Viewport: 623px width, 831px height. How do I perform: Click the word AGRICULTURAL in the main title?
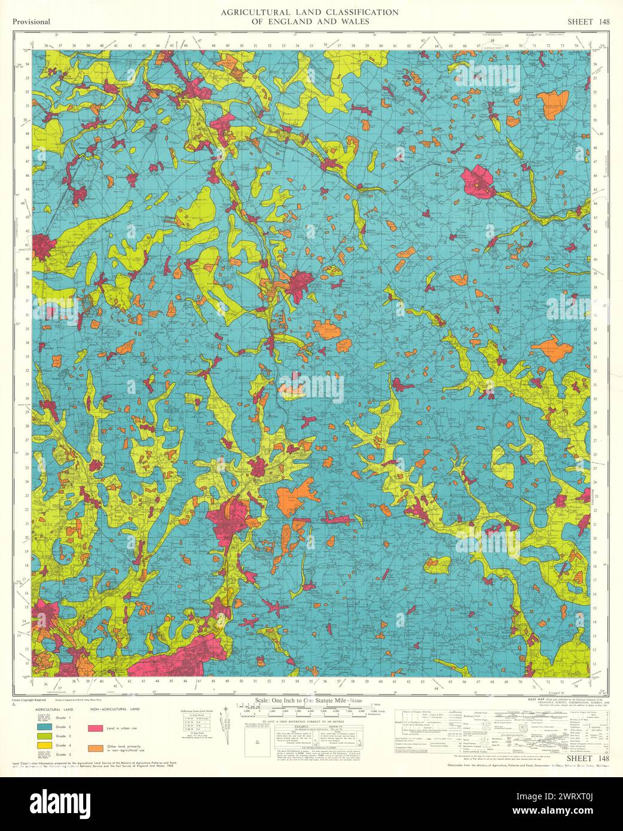coord(249,12)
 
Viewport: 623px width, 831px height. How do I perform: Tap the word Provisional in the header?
coord(30,22)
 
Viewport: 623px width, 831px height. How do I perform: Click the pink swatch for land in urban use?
coord(95,729)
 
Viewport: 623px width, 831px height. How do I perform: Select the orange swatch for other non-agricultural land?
coord(95,747)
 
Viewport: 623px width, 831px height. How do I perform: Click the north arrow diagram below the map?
coord(226,720)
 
